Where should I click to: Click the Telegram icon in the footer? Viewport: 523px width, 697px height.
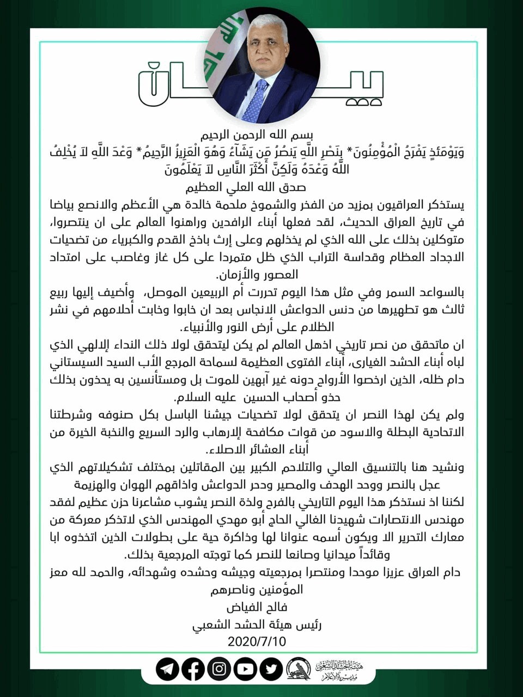167,669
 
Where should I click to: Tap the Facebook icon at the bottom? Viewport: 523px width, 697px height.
193,669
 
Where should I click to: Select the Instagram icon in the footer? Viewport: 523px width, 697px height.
220,669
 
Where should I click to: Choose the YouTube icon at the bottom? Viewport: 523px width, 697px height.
246,669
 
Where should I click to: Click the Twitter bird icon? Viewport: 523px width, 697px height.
271,669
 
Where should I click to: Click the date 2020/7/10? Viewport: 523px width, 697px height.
257,641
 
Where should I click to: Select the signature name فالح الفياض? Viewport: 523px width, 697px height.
257,607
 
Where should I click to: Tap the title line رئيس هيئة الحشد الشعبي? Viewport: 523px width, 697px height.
257,624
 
